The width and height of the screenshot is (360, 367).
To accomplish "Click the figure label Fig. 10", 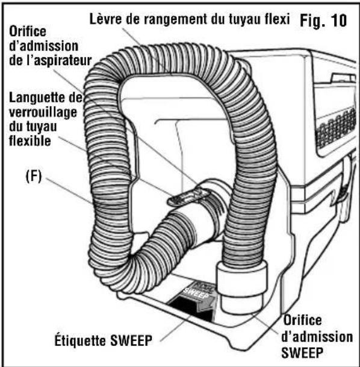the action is (x=323, y=20).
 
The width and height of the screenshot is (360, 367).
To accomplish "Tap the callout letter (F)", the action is (x=34, y=176).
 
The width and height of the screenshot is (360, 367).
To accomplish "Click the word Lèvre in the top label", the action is (x=106, y=19).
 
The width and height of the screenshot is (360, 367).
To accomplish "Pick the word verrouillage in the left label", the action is (x=43, y=113).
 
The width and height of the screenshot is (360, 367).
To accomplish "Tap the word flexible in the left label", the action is (x=30, y=141).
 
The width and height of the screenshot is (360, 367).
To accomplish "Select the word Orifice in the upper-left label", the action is (x=28, y=31).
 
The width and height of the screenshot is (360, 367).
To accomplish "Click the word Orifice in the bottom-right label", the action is (x=302, y=320).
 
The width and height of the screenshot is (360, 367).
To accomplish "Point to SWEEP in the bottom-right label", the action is (x=302, y=353).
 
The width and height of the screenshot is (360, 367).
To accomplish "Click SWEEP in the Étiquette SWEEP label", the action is (x=131, y=340).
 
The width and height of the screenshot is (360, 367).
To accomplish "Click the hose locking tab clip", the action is (x=188, y=196).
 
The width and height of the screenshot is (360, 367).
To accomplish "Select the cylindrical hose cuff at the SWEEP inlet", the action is (x=241, y=287).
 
